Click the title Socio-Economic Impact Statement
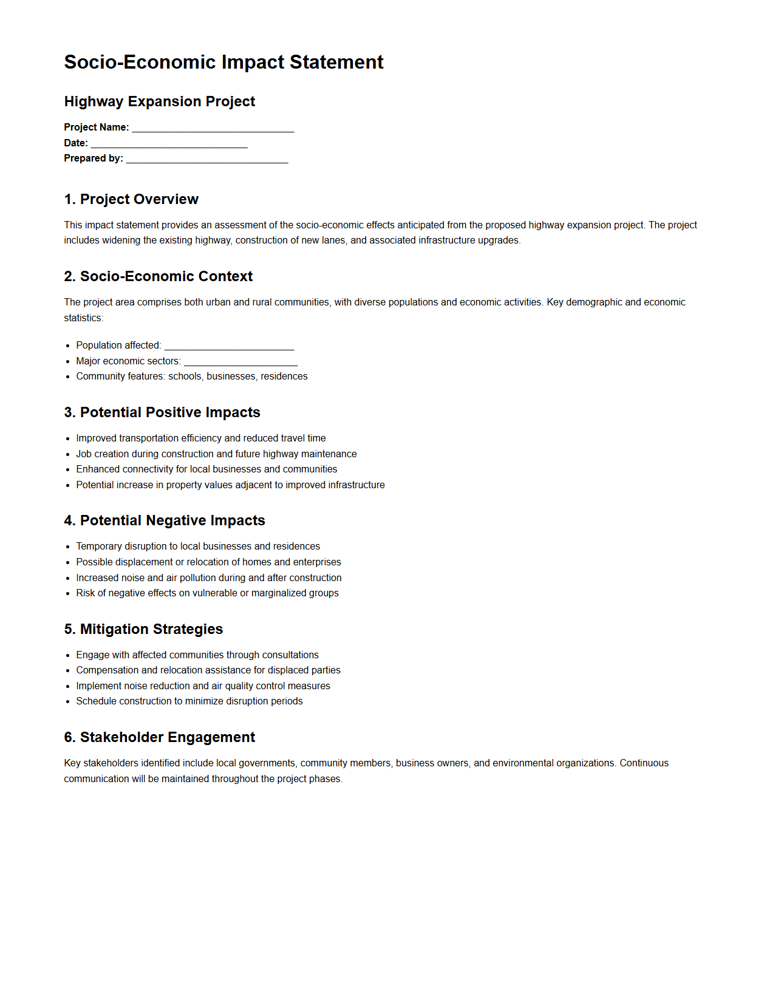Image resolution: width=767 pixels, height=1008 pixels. pyautogui.click(x=223, y=62)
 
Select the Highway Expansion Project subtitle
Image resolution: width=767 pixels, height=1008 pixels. pyautogui.click(x=159, y=101)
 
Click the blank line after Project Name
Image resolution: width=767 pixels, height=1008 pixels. pyautogui.click(x=213, y=128)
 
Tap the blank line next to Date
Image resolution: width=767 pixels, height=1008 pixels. pyautogui.click(x=169, y=144)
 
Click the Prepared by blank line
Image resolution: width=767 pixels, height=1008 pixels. pyautogui.click(x=206, y=159)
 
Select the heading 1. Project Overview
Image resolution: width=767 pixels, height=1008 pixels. pyautogui.click(x=131, y=199)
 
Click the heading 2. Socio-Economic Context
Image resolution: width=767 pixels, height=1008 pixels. pyautogui.click(x=158, y=276)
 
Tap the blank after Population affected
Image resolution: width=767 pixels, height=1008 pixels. pyautogui.click(x=229, y=346)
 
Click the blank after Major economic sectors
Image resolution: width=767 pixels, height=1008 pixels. pyautogui.click(x=240, y=362)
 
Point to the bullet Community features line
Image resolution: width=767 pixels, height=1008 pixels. pyautogui.click(x=191, y=376)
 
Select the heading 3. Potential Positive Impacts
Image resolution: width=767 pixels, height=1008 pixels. pyautogui.click(x=162, y=412)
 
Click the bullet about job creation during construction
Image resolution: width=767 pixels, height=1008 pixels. pyautogui.click(x=216, y=454)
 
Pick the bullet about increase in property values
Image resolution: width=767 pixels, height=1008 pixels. pyautogui.click(x=230, y=485)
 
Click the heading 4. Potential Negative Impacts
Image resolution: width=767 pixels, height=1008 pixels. pyautogui.click(x=165, y=520)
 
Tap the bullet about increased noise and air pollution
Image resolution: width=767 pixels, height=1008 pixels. pyautogui.click(x=208, y=578)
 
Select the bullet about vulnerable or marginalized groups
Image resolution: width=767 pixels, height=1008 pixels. pyautogui.click(x=207, y=593)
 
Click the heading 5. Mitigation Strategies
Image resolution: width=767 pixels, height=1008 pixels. pyautogui.click(x=143, y=629)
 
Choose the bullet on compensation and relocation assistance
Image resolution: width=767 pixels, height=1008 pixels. pyautogui.click(x=208, y=670)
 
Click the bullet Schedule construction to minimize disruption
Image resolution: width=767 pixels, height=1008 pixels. pyautogui.click(x=189, y=701)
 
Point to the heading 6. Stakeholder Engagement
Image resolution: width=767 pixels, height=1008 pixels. pyautogui.click(x=159, y=737)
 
